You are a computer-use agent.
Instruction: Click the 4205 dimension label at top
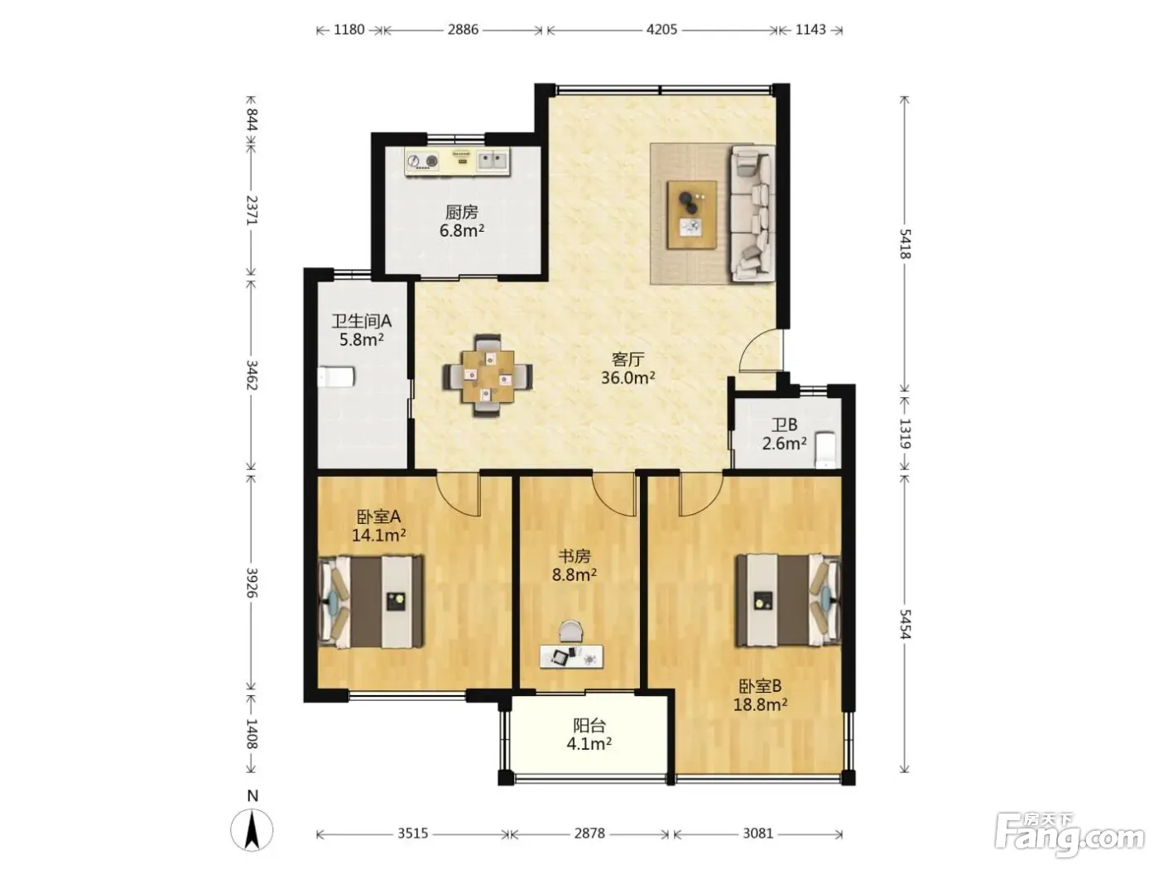661,30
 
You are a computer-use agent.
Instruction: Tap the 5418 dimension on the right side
905,244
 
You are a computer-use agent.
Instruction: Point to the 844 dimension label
252,119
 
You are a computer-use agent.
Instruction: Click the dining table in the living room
488,376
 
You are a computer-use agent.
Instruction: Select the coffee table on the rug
692,214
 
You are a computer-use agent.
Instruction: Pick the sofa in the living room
752,213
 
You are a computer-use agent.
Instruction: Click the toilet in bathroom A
336,377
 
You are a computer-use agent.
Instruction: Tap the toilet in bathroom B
825,450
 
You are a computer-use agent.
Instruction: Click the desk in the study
571,656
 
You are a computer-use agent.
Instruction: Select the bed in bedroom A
371,601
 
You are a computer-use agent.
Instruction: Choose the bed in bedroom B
788,600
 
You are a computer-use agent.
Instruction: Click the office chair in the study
570,631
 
